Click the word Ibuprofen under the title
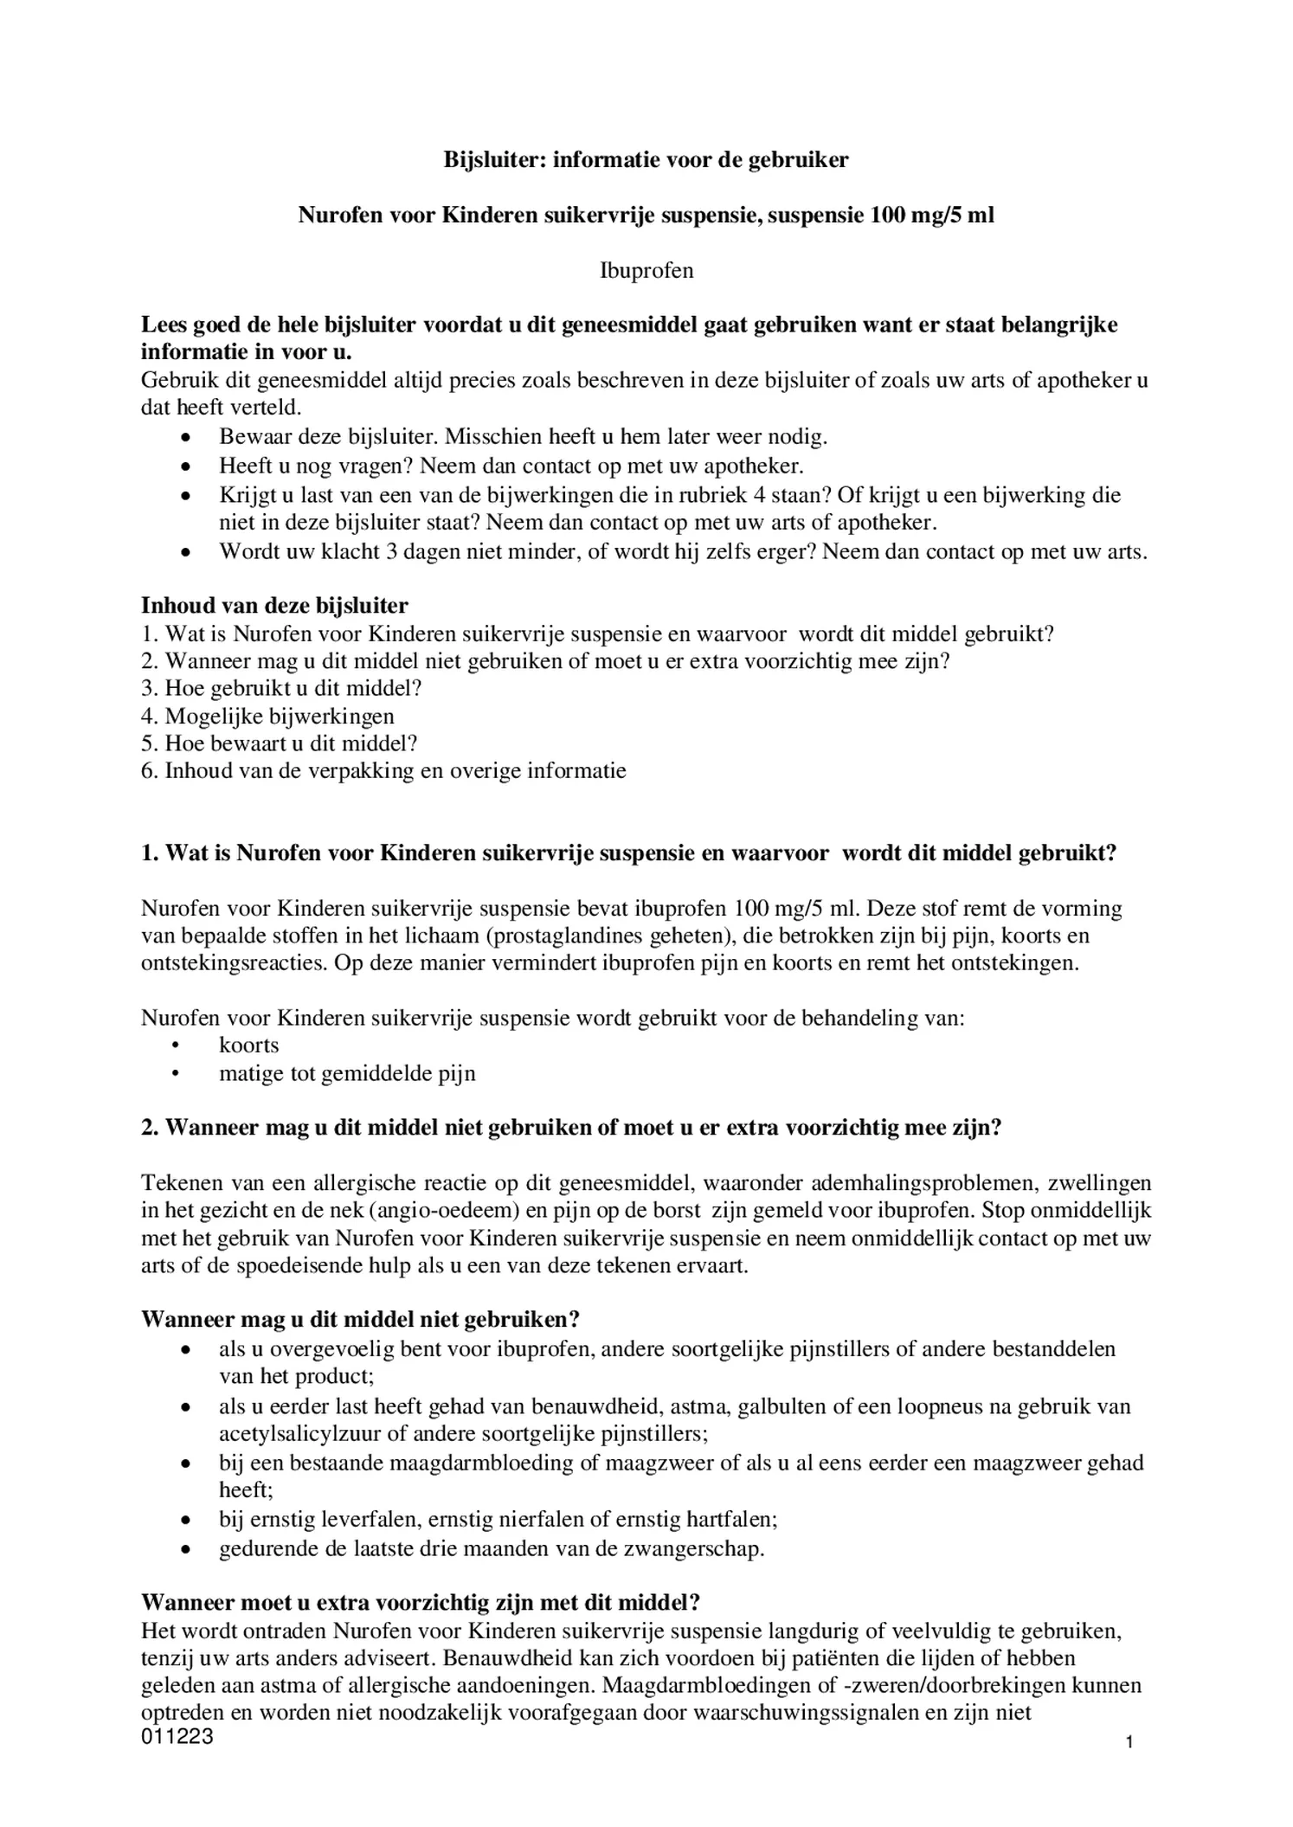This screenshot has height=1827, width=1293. [646, 271]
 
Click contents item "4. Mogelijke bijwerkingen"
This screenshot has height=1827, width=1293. [267, 716]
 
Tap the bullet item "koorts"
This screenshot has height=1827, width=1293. [248, 1045]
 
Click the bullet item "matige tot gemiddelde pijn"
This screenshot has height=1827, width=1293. [347, 1074]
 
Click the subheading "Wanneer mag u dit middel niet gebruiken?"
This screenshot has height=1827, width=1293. [360, 1320]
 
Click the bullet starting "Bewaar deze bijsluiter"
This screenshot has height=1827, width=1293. [523, 437]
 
